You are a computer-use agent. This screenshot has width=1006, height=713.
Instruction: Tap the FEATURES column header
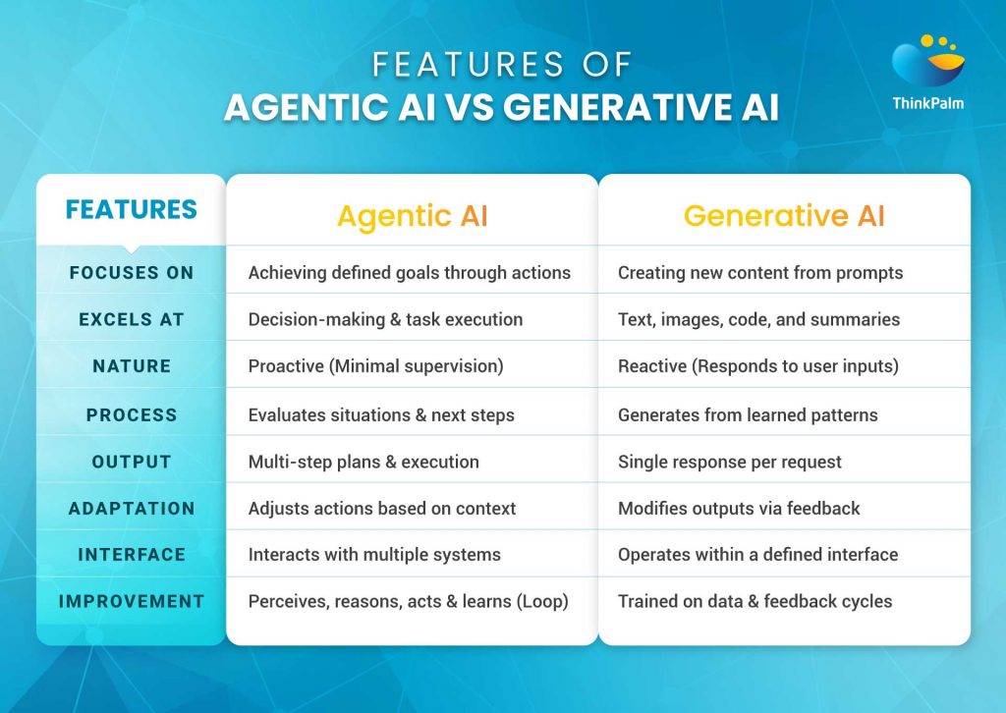pos(131,209)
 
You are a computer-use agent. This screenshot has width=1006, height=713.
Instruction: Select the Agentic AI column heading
pos(411,216)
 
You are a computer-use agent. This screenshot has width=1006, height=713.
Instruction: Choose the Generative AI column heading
pos(784,216)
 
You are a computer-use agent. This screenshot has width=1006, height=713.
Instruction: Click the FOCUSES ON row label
pos(132,272)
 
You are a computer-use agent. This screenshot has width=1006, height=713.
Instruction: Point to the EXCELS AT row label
pos(132,319)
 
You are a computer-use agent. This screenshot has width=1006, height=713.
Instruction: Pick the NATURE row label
pos(132,366)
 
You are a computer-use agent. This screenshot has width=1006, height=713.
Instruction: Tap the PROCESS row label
pos(132,414)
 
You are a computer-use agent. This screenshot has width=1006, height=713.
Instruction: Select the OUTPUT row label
pos(132,462)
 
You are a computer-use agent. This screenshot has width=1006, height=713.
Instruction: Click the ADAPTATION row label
pos(132,509)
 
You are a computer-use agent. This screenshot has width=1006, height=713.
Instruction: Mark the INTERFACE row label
pos(132,555)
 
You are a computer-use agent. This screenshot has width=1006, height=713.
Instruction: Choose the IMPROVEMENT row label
pos(132,601)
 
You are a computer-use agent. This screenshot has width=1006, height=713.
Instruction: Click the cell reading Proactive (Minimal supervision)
pos(375,366)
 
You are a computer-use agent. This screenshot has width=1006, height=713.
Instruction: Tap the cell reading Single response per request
pos(729,462)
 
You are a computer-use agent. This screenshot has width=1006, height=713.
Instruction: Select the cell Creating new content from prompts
pos(759,272)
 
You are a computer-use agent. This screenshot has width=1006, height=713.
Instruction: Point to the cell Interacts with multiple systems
pos(374,555)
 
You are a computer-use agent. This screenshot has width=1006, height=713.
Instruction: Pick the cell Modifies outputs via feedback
pos(739,509)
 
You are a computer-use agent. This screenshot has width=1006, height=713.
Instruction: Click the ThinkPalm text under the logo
pos(927,103)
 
